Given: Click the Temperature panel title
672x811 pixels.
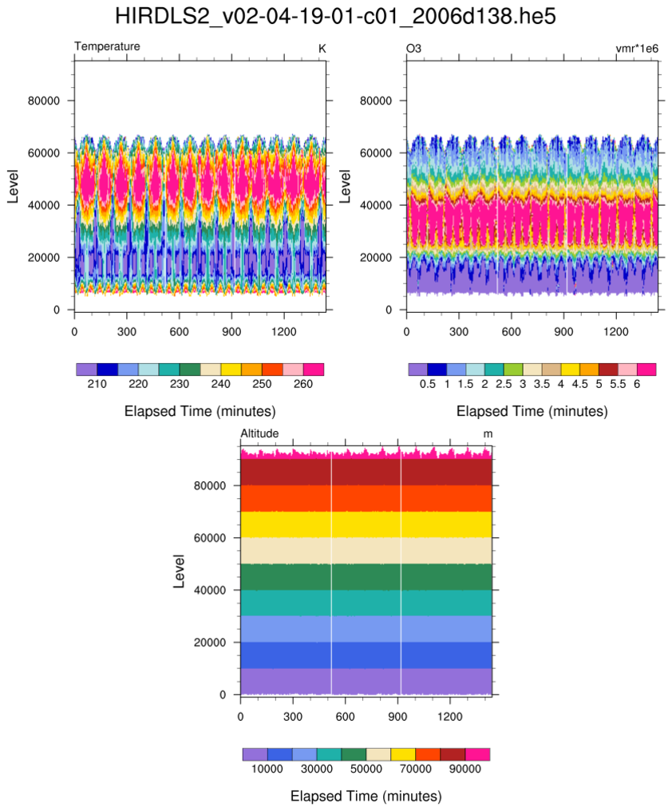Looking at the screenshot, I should point(107,47).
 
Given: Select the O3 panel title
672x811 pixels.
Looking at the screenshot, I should point(413,49).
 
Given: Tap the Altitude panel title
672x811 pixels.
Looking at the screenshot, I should point(259,433).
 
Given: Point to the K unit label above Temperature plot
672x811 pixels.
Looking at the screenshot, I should point(322,49).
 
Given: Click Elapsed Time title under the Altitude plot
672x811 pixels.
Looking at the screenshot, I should point(366,796).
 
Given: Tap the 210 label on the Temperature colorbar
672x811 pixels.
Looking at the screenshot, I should point(97,384).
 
